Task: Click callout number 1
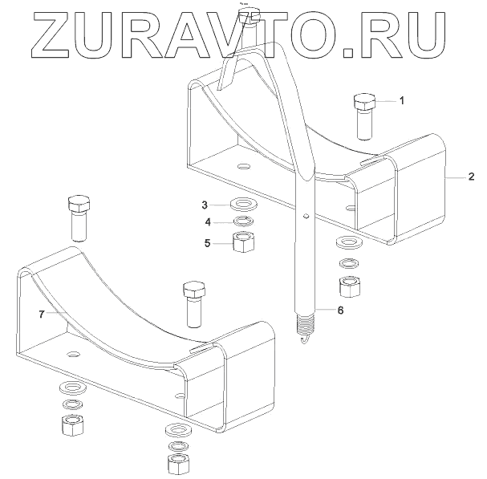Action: click(402, 101)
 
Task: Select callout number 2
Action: click(471, 177)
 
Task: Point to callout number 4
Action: click(207, 221)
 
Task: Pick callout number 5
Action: click(207, 242)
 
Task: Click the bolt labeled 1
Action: click(364, 114)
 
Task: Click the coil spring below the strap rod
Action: click(304, 325)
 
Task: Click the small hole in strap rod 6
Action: click(307, 214)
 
